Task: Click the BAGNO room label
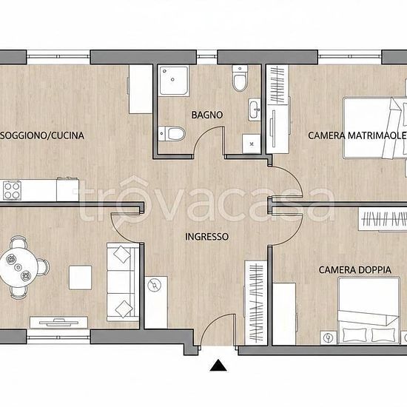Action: click(207, 115)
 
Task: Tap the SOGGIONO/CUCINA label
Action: click(42, 135)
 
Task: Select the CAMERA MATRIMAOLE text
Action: click(357, 135)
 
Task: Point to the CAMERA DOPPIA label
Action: click(355, 270)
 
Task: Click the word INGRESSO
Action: click(207, 237)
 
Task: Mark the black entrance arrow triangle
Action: click(218, 366)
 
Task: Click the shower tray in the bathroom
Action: click(174, 81)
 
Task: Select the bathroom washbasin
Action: click(254, 110)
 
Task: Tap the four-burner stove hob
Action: click(12, 191)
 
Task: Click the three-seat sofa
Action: click(123, 282)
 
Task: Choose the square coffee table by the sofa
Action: click(80, 277)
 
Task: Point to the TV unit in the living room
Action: click(58, 323)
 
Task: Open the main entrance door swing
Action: click(218, 329)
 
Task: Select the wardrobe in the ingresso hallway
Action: click(256, 303)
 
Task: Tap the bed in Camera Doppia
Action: click(369, 311)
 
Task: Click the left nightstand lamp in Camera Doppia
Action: click(329, 337)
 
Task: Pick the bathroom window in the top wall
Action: click(206, 57)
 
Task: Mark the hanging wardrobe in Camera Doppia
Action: click(383, 219)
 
